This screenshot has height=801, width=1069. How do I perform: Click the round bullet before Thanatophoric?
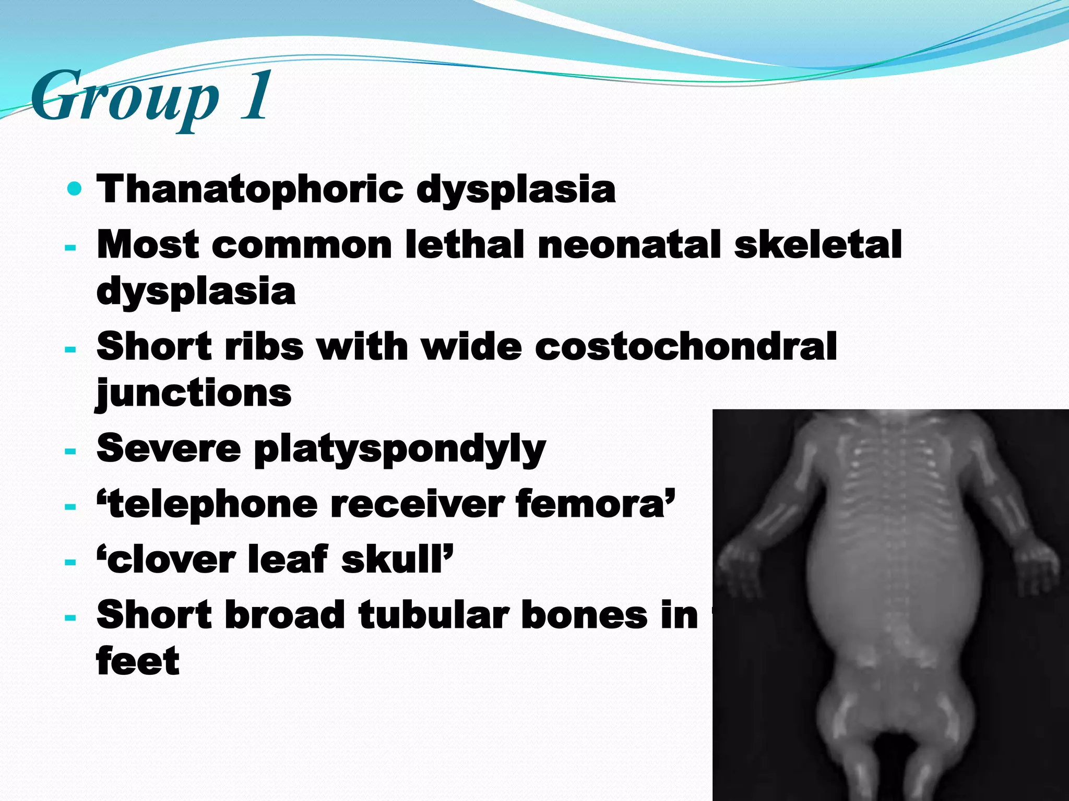click(75, 188)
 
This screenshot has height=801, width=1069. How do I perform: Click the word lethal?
click(464, 245)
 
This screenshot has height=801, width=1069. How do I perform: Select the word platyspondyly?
click(399, 450)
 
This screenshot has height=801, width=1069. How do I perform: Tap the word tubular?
click(433, 615)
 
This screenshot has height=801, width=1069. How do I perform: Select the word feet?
click(138, 661)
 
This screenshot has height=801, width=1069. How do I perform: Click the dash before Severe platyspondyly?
click(70, 451)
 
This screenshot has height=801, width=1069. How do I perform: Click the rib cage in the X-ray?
click(887, 485)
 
